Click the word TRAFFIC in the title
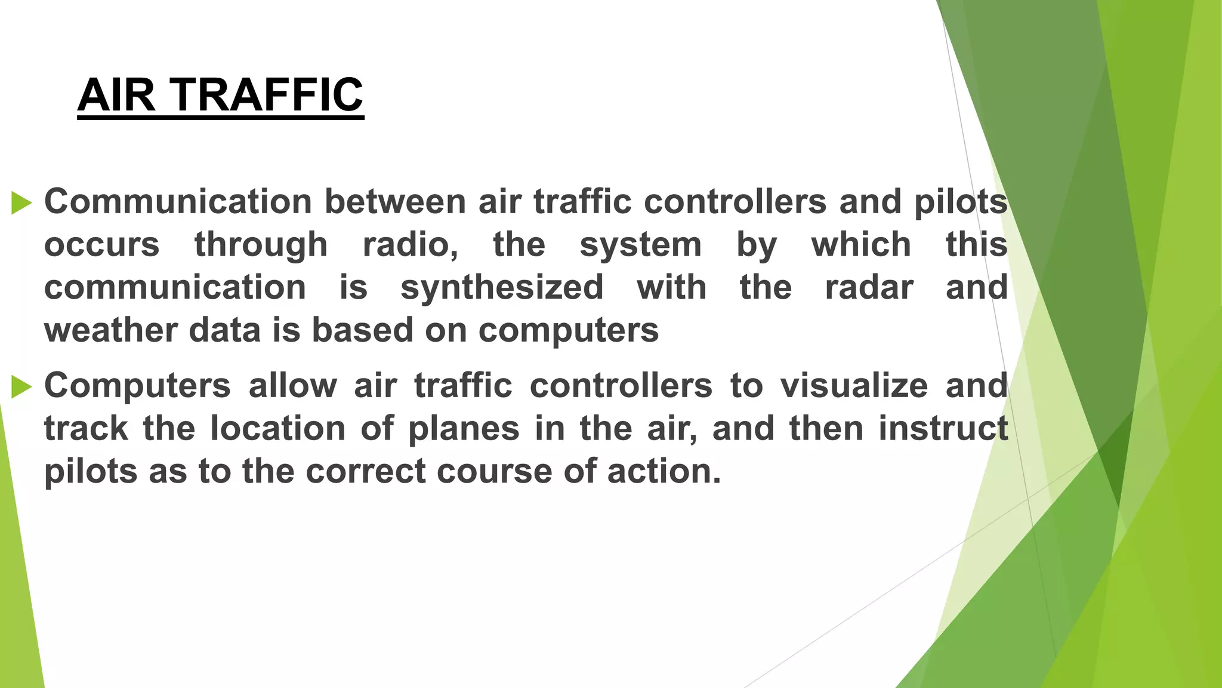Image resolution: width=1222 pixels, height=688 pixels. (268, 95)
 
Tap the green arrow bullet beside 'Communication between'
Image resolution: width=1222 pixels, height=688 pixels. (21, 202)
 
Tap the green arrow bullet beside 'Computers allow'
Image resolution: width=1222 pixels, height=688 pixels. (21, 386)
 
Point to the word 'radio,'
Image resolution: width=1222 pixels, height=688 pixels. (411, 245)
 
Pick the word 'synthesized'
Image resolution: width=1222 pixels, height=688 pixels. (502, 287)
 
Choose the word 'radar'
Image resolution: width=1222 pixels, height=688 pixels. (869, 287)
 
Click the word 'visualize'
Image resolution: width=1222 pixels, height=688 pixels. (854, 385)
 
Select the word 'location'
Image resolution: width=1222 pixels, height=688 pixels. (277, 428)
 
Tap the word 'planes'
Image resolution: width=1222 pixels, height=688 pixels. (464, 429)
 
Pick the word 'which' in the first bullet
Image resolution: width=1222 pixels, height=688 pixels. (860, 245)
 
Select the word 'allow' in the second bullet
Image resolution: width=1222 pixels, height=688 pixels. (292, 385)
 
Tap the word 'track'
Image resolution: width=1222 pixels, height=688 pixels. (86, 428)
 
